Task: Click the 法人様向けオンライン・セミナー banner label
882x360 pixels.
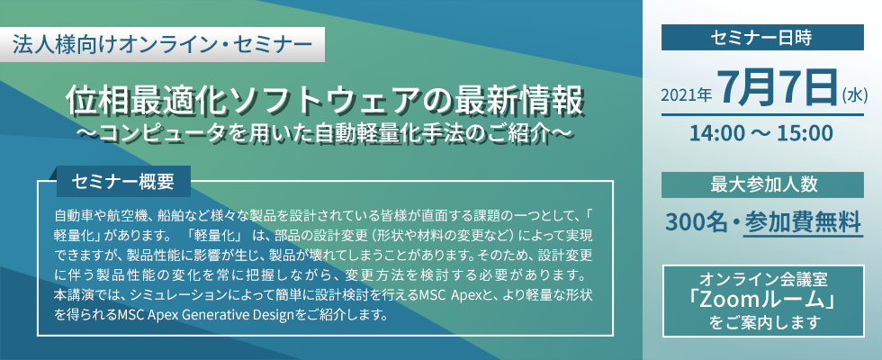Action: pos(163,43)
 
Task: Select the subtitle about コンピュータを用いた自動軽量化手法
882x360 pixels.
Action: pos(324,134)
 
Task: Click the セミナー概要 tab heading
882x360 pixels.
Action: pos(123,181)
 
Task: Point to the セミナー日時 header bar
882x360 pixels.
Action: pos(762,37)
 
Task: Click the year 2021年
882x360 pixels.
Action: pos(686,95)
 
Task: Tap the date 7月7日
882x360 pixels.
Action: pos(778,88)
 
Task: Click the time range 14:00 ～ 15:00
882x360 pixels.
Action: pos(762,133)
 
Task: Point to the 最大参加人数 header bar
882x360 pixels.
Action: pos(762,184)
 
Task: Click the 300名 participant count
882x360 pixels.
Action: pos(697,221)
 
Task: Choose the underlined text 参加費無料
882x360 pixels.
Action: pos(803,221)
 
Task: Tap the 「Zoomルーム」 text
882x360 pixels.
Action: pos(763,301)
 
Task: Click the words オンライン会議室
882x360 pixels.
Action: pos(763,280)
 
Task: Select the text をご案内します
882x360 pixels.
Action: pos(763,323)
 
